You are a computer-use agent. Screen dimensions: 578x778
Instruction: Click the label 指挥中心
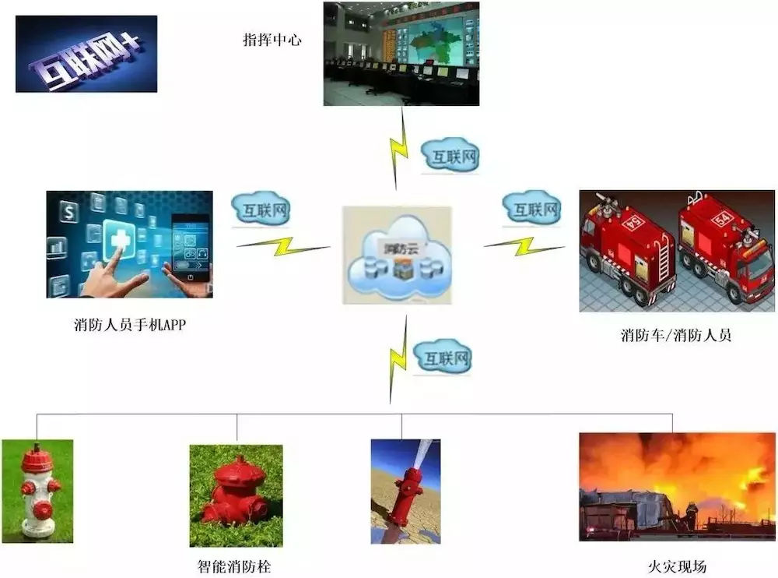[272, 40]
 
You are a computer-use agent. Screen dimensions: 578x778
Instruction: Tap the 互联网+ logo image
[86, 54]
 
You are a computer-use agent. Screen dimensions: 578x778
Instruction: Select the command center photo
[401, 54]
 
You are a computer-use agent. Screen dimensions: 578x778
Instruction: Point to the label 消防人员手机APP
[129, 325]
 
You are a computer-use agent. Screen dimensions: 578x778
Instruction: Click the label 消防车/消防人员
[675, 337]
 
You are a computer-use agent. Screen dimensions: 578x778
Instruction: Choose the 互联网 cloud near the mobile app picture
[261, 209]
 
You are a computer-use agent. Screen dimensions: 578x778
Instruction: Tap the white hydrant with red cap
[37, 490]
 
